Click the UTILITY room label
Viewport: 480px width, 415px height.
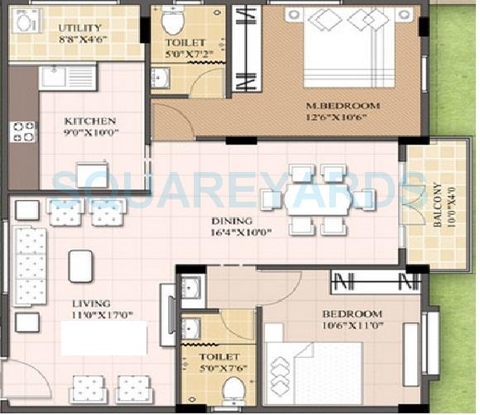pyautogui.click(x=79, y=28)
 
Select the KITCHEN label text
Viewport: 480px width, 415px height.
pyautogui.click(x=90, y=121)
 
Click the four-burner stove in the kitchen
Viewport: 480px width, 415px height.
pyautogui.click(x=23, y=132)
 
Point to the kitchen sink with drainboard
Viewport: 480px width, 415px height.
pyautogui.click(x=68, y=77)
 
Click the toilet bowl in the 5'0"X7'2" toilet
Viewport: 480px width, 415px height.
pyautogui.click(x=173, y=21)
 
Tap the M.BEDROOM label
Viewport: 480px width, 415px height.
pyautogui.click(x=343, y=106)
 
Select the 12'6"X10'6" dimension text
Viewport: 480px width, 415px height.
pyautogui.click(x=337, y=117)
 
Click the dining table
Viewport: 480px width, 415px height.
pyautogui.click(x=318, y=199)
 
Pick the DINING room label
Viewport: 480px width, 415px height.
pyautogui.click(x=232, y=221)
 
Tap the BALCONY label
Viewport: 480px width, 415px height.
pyautogui.click(x=438, y=205)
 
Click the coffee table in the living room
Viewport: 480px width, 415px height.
pyautogui.click(x=80, y=266)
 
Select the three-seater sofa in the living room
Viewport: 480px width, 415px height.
pyautogui.click(x=30, y=266)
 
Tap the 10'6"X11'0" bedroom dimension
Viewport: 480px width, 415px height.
pyautogui.click(x=353, y=326)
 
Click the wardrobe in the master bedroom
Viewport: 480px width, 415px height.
pyautogui.click(x=247, y=48)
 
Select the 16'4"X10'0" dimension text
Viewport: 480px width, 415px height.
pyautogui.click(x=242, y=232)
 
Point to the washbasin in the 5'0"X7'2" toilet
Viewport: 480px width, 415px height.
pyautogui.click(x=161, y=77)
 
